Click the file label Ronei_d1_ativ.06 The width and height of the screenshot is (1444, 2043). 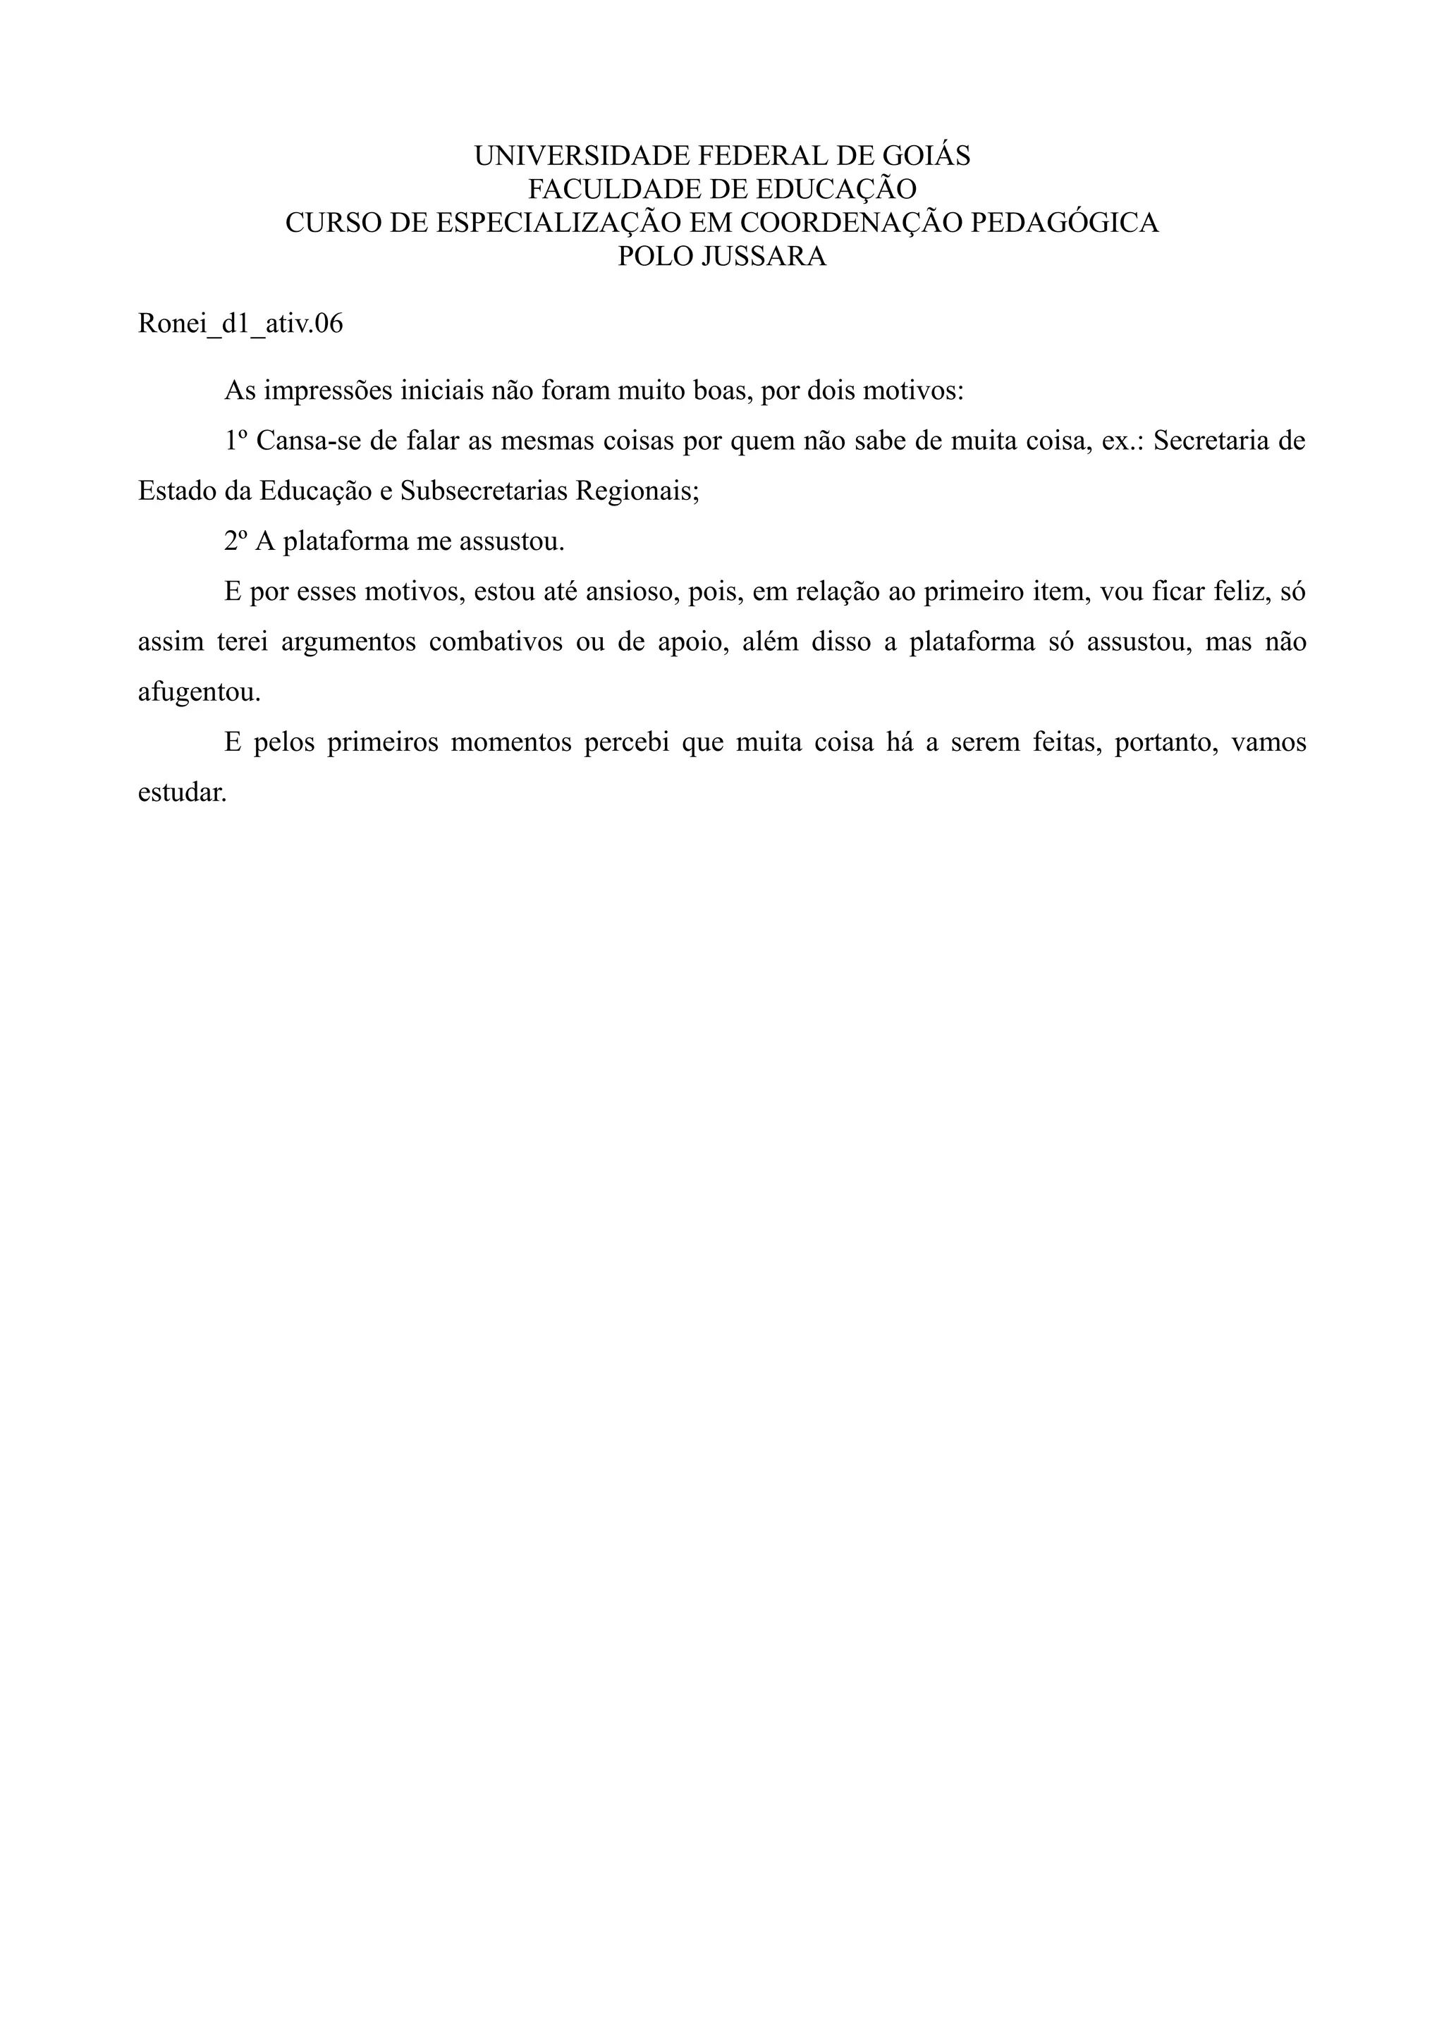240,324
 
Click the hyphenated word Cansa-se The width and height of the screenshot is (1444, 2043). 306,441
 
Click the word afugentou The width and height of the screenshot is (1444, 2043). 200,693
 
